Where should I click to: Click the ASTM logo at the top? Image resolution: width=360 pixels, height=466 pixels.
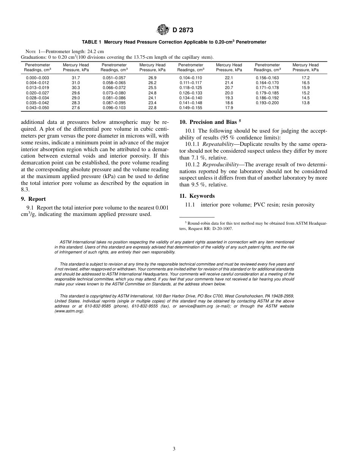[163, 30]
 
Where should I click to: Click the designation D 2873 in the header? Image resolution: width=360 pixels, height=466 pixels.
[180, 30]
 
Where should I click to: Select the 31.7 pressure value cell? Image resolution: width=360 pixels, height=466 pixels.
[76, 78]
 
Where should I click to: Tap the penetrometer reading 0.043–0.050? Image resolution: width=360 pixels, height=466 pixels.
[38, 108]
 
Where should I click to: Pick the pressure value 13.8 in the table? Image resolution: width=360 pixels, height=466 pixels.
[305, 103]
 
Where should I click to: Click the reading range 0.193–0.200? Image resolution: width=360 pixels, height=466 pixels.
[267, 103]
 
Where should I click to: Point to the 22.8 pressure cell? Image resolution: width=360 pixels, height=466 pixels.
[152, 108]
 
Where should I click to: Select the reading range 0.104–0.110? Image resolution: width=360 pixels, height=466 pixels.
[191, 78]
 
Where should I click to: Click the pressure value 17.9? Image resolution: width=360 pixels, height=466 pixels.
[229, 108]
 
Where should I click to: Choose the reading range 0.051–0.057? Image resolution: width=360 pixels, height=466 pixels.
[114, 78]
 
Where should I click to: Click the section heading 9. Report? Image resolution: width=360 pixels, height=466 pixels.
[33, 199]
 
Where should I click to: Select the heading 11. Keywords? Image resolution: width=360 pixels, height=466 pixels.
[197, 196]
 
